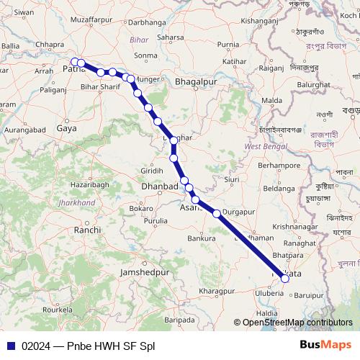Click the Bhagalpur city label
(196, 83)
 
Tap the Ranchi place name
(87, 230)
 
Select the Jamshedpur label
(144, 274)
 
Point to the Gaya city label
(66, 128)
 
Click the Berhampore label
(279, 166)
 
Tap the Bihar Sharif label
(99, 86)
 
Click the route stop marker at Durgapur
(217, 213)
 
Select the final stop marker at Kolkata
(285, 277)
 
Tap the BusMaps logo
(325, 345)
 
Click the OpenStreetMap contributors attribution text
(297, 323)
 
